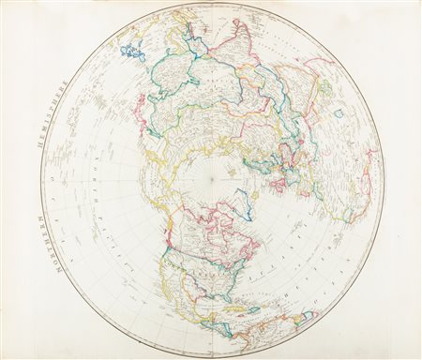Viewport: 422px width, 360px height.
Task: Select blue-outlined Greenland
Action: [x=245, y=201]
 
